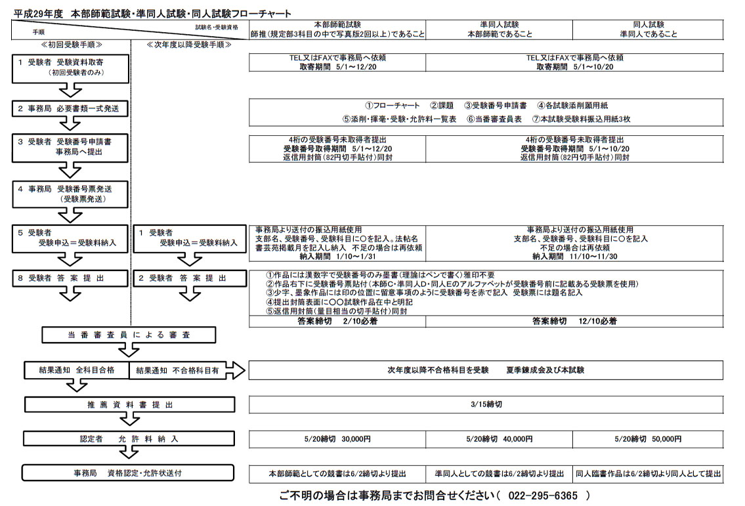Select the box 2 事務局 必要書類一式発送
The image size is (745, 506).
pyautogui.click(x=70, y=108)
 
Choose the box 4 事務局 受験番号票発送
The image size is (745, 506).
pyautogui.click(x=70, y=193)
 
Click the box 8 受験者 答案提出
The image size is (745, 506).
pyautogui.click(x=70, y=278)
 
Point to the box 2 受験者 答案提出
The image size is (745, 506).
pyautogui.click(x=188, y=278)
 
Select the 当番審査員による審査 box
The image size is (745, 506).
pyautogui.click(x=129, y=335)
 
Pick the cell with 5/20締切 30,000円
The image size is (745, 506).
pyautogui.click(x=337, y=439)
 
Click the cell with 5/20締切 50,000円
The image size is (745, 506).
pyautogui.click(x=649, y=439)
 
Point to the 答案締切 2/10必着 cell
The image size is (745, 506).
pyautogui.click(x=337, y=322)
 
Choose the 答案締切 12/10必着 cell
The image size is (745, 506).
pyautogui.click(x=574, y=322)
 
